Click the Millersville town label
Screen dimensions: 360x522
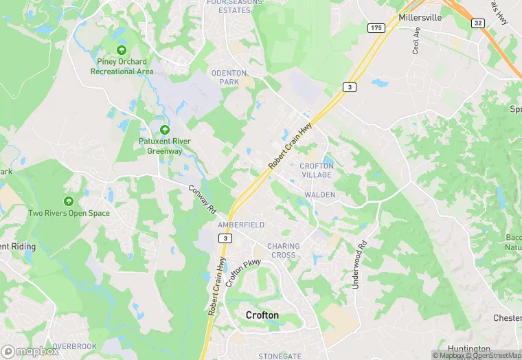(431, 17)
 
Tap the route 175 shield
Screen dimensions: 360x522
(375, 27)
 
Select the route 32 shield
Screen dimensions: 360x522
(477, 23)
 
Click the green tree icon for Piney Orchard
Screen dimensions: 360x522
(122, 50)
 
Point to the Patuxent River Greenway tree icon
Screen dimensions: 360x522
(164, 129)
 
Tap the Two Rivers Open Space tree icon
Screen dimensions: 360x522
(69, 201)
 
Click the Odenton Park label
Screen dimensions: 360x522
(225, 78)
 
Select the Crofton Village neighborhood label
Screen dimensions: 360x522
(316, 170)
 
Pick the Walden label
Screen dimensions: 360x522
(319, 195)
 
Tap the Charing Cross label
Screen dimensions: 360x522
(283, 250)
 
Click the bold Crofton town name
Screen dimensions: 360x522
(262, 315)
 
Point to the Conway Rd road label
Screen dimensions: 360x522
(202, 197)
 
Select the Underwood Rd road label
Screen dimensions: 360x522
(357, 265)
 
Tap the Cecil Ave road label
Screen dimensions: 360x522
(416, 45)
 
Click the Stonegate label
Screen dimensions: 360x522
(280, 356)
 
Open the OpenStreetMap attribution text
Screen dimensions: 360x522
(494, 355)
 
